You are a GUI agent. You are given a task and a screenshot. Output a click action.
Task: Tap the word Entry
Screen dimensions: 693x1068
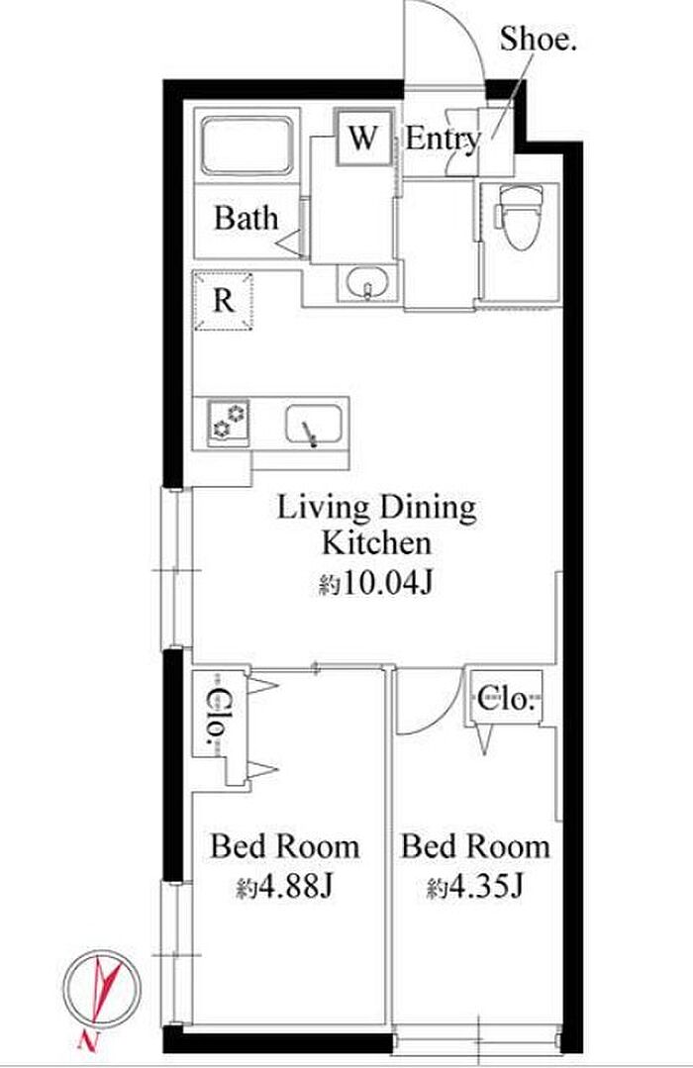pyautogui.click(x=443, y=140)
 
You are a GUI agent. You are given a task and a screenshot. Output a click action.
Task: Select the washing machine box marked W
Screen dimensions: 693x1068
pyautogui.click(x=363, y=137)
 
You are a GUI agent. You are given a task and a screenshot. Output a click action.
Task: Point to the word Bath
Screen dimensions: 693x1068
pyautogui.click(x=246, y=218)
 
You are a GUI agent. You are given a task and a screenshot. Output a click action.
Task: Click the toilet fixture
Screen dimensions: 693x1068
pyautogui.click(x=519, y=216)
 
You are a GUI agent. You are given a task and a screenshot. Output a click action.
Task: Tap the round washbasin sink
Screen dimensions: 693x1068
pyautogui.click(x=366, y=282)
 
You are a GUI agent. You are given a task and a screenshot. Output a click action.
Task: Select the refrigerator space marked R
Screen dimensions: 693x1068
pyautogui.click(x=224, y=301)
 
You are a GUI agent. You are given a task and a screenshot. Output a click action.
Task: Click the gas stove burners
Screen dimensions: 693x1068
pyautogui.click(x=229, y=423)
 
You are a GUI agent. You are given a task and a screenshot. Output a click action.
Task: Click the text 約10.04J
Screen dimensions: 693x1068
pyautogui.click(x=375, y=583)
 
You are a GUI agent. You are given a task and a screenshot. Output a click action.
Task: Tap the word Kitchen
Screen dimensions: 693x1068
pyautogui.click(x=376, y=543)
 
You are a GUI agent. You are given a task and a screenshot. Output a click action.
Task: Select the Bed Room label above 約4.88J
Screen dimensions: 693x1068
pyautogui.click(x=285, y=846)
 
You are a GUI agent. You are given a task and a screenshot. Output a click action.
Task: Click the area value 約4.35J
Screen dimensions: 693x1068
pyautogui.click(x=475, y=887)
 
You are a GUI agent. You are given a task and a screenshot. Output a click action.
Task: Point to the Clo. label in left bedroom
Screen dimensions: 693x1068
pyautogui.click(x=217, y=716)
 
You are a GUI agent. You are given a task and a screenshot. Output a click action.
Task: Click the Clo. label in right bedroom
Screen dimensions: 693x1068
pyautogui.click(x=505, y=698)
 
